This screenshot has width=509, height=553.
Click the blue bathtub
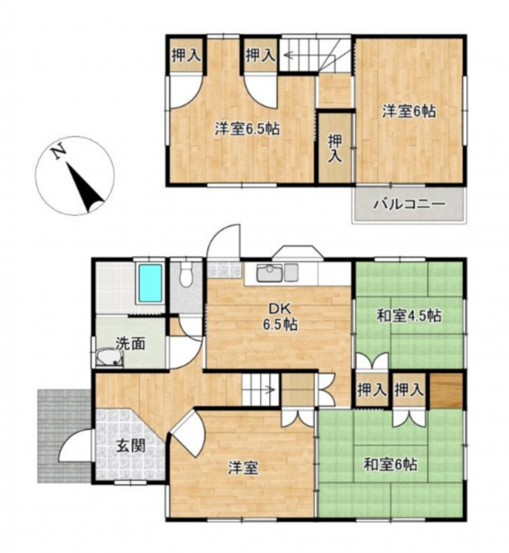click(x=150, y=283)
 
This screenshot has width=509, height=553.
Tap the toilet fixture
click(x=186, y=274)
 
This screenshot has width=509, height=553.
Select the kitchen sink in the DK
click(x=270, y=272)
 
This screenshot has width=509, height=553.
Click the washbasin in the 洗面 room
click(x=110, y=358)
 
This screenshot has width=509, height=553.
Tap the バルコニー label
click(x=410, y=204)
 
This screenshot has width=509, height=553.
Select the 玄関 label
click(x=131, y=447)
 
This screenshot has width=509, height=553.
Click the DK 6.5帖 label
click(x=279, y=316)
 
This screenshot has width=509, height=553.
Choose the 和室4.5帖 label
click(x=409, y=316)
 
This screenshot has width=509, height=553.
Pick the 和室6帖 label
click(x=390, y=464)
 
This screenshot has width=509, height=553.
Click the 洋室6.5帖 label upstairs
click(x=248, y=129)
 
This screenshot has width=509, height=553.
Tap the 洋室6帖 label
click(x=409, y=111)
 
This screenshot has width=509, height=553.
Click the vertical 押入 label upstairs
click(x=335, y=148)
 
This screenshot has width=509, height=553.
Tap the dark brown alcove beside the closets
click(x=446, y=390)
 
